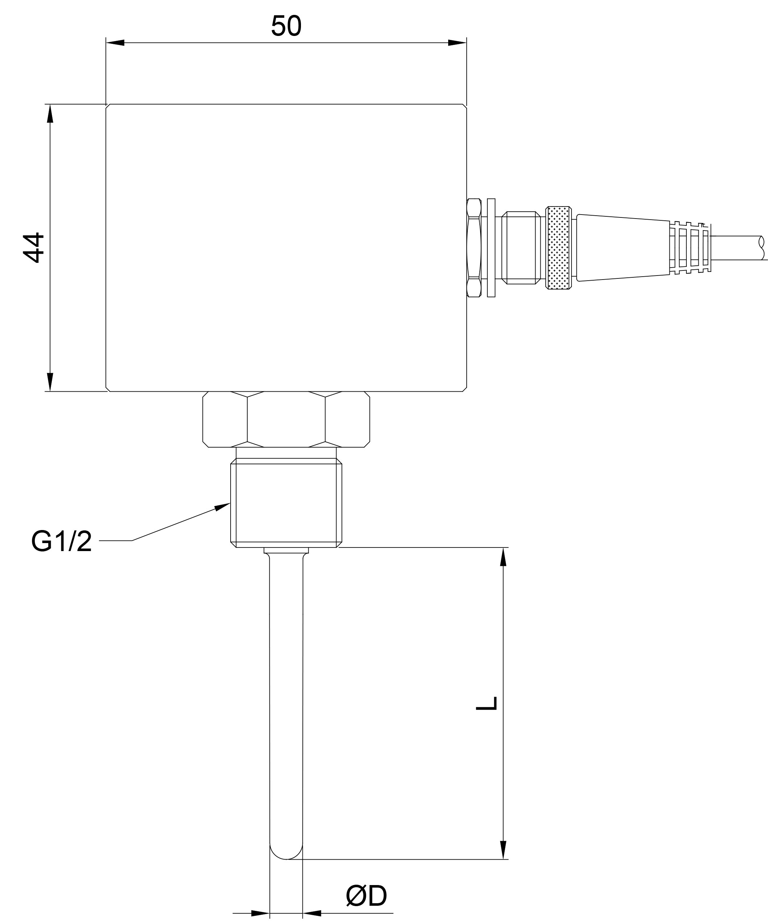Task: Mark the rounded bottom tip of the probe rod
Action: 286,859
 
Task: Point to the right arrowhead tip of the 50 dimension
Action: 466,42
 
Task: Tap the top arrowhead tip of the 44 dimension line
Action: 50,105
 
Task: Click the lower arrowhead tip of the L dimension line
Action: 503,859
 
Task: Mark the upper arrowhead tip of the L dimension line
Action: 503,548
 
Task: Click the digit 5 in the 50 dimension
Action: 278,26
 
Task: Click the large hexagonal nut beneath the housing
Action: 286,419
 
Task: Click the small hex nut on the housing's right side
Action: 474,248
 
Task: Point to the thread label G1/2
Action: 61,541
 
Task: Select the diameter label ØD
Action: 366,896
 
